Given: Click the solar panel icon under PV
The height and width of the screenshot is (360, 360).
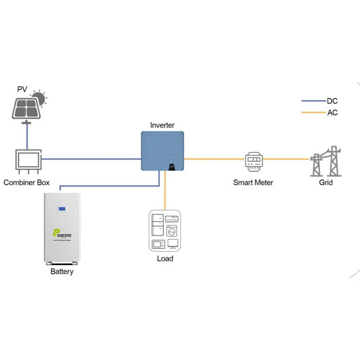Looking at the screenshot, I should (x=25, y=108).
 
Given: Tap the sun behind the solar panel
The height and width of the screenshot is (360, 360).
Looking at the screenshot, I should (x=39, y=98).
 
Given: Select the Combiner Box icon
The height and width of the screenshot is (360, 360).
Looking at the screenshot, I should (x=28, y=160).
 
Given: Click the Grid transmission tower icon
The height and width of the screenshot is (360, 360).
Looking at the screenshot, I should (x=326, y=161).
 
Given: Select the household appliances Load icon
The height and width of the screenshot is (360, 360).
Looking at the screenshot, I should (x=165, y=231).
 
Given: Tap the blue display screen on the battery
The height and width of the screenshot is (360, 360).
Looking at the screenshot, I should (x=62, y=208).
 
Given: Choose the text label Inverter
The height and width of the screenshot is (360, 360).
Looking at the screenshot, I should (x=162, y=125).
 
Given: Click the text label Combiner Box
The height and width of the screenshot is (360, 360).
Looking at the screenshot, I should (x=27, y=183).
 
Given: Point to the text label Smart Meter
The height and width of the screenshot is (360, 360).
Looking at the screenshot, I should (x=253, y=183).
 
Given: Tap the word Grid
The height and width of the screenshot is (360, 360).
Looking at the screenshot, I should (x=326, y=183).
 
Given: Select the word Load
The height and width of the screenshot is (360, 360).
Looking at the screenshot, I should (x=165, y=259).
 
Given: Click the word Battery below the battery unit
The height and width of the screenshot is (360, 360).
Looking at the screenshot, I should (x=62, y=271).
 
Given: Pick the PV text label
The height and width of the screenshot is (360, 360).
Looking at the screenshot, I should (x=22, y=89).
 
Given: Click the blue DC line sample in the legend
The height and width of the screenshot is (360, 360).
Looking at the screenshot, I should (x=313, y=101).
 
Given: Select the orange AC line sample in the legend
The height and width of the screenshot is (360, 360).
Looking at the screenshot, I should (x=313, y=112).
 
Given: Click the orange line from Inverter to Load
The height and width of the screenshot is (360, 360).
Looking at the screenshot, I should (x=164, y=191).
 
